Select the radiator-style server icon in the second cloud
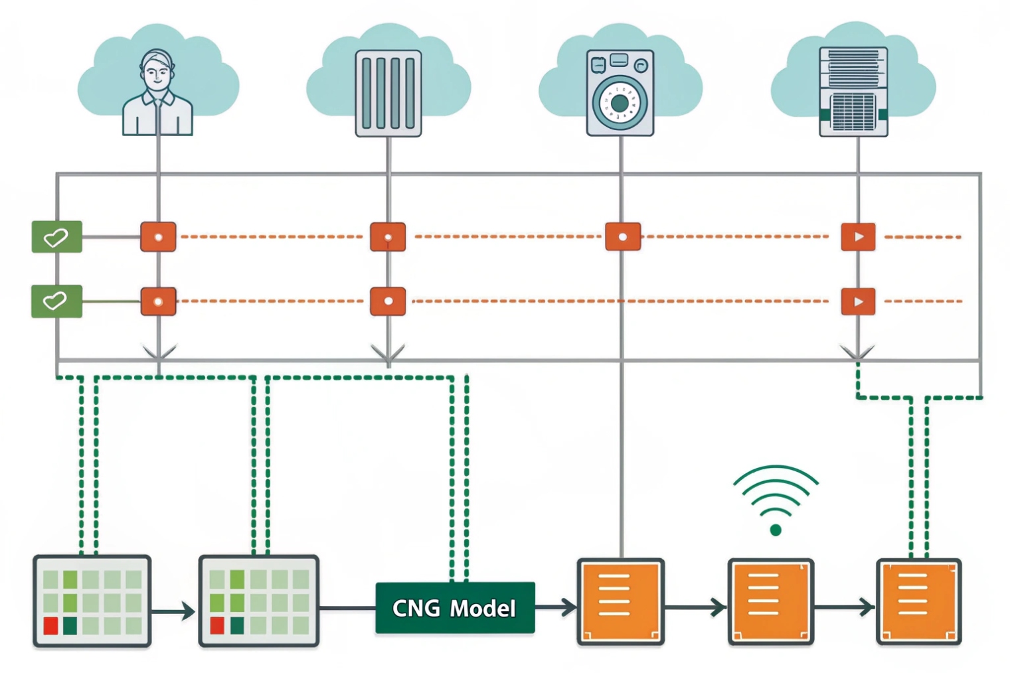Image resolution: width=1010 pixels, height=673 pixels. tap(388, 93)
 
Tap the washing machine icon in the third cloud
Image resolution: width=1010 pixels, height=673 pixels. tap(620, 93)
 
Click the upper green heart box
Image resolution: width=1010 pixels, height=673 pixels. tap(57, 237)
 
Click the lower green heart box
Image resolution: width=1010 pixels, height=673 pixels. tap(57, 301)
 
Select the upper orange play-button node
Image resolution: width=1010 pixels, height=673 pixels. tap(858, 237)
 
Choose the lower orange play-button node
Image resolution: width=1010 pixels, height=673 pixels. tap(858, 301)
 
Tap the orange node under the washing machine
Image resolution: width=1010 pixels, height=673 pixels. tap(623, 237)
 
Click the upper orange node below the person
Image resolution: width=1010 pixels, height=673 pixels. tap(158, 237)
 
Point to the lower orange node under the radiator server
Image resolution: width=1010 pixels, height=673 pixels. tap(388, 301)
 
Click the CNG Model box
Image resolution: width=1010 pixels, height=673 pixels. tap(455, 608)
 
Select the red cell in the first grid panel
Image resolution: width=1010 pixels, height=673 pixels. tap(50, 625)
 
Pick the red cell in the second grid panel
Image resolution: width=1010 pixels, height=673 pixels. tap(216, 625)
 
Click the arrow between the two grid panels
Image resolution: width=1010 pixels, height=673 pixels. tap(174, 611)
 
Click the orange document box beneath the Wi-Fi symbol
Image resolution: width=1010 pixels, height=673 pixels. tap(771, 601)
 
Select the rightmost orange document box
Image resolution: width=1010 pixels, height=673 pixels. tap(919, 601)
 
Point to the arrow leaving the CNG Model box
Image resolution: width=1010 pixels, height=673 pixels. tap(556, 607)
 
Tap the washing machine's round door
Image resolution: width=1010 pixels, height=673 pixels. tap(619, 103)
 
